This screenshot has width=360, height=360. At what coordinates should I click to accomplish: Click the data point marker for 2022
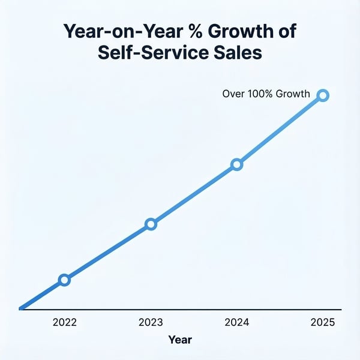click(x=64, y=280)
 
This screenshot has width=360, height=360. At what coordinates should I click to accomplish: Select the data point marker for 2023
click(x=151, y=224)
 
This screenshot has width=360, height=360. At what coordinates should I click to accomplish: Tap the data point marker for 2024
click(x=236, y=164)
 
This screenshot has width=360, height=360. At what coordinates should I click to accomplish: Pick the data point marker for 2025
click(x=323, y=95)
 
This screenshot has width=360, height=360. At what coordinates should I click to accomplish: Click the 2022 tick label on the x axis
click(x=64, y=322)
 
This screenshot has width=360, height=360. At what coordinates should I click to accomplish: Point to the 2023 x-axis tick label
click(x=151, y=322)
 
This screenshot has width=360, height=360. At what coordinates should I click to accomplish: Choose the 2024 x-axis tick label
click(x=236, y=322)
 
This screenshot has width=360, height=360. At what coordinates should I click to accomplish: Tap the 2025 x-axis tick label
click(x=323, y=322)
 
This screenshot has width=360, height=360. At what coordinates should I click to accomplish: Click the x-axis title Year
click(x=180, y=340)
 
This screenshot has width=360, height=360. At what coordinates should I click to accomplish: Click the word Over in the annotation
click(x=233, y=94)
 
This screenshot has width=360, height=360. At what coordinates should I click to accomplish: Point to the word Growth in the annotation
click(x=293, y=94)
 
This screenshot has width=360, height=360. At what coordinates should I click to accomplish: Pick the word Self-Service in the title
click(x=148, y=53)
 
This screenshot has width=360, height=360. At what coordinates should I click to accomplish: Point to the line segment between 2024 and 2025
click(x=280, y=130)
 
